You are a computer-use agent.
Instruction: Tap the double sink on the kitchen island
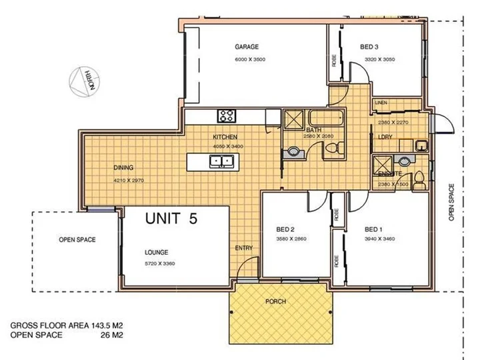coord(221,160)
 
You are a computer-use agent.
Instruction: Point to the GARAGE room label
coord(246,47)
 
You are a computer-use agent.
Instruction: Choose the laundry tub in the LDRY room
coord(421,145)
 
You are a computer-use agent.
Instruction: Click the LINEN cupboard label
coord(381,103)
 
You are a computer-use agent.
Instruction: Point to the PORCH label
coord(276,301)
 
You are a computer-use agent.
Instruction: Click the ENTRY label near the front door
coord(243,249)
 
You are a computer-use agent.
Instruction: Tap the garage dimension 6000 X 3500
coord(251,60)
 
